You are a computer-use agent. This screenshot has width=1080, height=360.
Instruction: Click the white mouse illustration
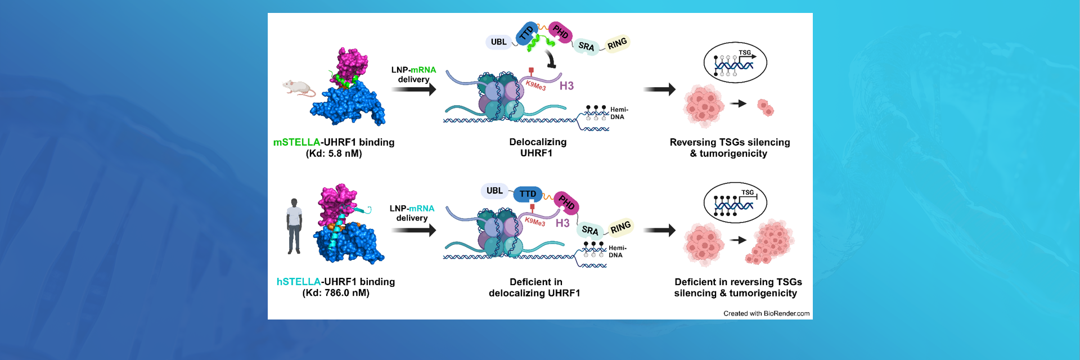(298, 88)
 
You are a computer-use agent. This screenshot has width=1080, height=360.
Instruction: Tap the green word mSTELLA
(296, 142)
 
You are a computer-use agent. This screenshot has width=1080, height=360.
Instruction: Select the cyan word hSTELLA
(299, 282)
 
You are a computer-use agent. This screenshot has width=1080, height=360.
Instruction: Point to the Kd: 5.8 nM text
(334, 154)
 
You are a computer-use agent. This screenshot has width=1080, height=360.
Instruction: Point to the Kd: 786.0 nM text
(336, 293)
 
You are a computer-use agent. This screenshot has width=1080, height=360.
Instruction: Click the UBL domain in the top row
(498, 42)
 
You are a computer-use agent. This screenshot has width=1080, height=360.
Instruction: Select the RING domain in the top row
(617, 43)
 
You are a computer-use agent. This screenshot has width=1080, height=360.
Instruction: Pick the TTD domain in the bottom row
(528, 194)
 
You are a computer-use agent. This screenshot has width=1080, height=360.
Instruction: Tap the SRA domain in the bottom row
(589, 229)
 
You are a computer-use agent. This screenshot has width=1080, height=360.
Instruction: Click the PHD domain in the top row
(560, 31)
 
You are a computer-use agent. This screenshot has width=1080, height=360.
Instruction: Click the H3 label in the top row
(566, 85)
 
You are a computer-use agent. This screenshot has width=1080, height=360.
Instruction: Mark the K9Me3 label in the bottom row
(535, 222)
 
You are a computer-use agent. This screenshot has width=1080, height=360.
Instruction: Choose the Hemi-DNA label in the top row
(618, 113)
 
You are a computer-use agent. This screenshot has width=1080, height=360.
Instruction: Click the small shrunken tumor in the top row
(766, 107)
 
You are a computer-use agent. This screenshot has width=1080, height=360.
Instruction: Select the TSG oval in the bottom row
(735, 202)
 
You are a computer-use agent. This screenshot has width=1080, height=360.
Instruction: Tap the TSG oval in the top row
(735, 62)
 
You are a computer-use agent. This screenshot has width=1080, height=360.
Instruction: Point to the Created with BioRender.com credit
(766, 313)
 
